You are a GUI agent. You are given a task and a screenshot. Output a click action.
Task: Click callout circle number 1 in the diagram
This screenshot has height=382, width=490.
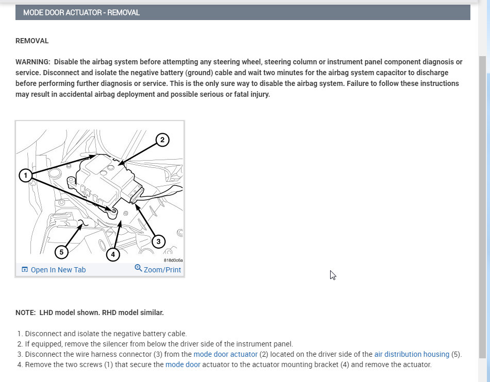point(26,176)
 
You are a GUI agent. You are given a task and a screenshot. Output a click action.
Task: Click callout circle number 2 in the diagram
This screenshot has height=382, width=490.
point(162,140)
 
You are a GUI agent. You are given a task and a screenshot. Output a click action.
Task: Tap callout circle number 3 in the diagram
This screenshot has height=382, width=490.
point(158,241)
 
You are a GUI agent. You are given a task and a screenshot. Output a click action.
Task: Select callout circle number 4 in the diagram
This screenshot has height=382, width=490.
point(112,254)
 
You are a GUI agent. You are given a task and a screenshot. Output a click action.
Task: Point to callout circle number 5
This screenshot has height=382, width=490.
point(61,252)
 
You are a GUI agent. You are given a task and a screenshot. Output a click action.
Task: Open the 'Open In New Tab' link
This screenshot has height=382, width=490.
point(58,270)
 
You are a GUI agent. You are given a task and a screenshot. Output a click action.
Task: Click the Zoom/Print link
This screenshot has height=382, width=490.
point(162,270)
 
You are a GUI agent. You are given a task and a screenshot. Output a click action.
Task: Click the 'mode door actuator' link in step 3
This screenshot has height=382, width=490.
point(225,354)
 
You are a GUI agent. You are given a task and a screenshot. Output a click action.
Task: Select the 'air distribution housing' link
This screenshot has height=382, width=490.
point(412,354)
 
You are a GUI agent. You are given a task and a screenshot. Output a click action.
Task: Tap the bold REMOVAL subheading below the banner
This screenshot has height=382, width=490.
point(32,41)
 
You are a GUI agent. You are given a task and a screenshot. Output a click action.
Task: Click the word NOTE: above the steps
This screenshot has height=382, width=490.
point(25,312)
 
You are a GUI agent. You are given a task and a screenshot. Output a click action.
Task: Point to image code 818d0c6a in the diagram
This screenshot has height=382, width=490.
point(173,260)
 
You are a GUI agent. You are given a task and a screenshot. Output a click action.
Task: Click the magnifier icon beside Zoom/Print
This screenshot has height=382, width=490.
point(138,268)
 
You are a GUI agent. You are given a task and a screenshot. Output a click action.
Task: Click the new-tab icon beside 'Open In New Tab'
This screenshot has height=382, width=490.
point(25,270)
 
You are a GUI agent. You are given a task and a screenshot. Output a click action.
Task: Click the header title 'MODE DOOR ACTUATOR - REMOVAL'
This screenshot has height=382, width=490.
point(81,12)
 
